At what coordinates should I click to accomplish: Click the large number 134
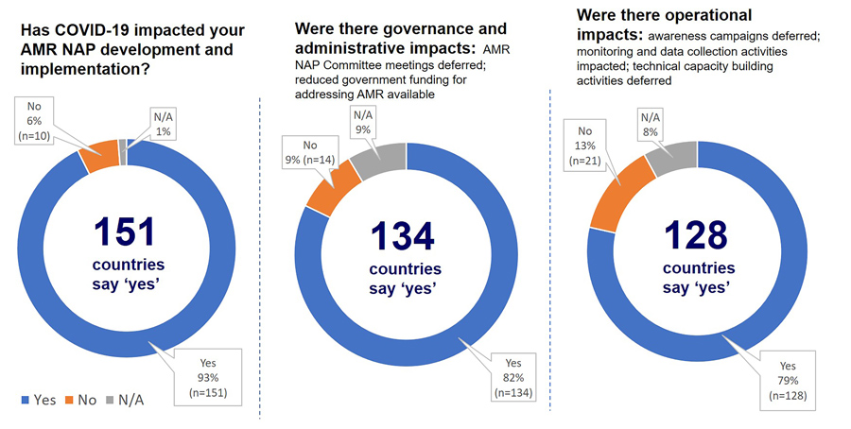click(403, 235)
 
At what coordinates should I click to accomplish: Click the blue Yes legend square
click(23, 400)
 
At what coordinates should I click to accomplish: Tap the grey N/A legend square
click(112, 400)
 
